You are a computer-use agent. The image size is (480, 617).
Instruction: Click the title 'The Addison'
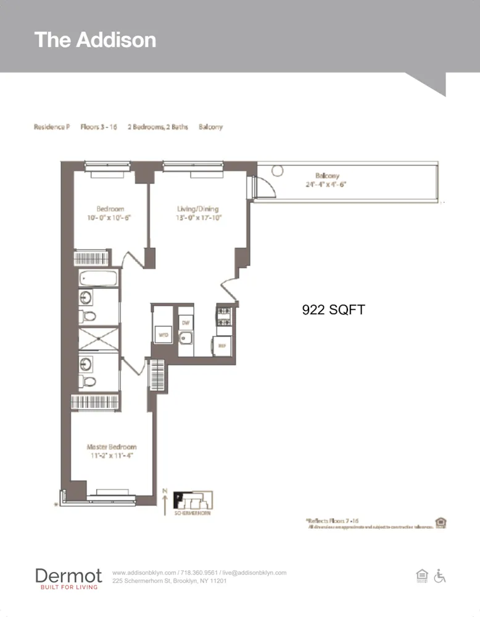[95, 39]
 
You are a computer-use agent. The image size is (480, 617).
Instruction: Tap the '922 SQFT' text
[333, 310]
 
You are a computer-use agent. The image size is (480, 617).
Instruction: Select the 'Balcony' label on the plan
[327, 176]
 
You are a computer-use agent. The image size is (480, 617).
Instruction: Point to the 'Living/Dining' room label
[197, 209]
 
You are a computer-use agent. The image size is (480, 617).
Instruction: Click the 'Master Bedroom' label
[112, 447]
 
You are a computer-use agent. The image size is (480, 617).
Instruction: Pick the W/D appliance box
[163, 335]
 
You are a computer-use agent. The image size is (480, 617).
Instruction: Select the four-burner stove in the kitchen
[223, 317]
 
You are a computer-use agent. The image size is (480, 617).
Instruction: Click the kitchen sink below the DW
[186, 339]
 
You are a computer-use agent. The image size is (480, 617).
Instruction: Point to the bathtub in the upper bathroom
[99, 278]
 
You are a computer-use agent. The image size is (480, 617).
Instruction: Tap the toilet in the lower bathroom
[89, 381]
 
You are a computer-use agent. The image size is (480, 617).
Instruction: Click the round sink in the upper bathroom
[85, 298]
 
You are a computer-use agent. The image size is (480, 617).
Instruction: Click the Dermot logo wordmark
[68, 576]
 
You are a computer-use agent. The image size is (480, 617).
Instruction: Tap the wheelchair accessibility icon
[439, 576]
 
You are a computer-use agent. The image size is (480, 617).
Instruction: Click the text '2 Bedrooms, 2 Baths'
[157, 127]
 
